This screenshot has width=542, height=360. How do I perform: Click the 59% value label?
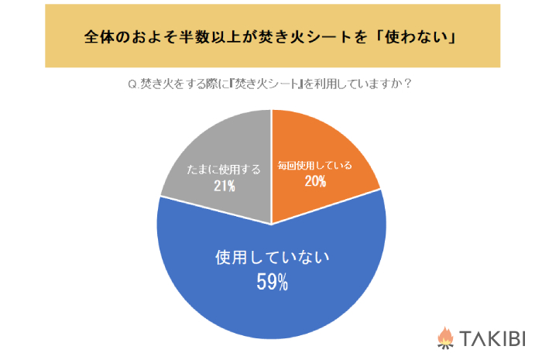coord(272,283)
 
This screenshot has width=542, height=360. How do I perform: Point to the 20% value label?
coord(315,181)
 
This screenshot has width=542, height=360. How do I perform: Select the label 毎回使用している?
coord(315,165)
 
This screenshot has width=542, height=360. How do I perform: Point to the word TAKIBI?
coord(492,338)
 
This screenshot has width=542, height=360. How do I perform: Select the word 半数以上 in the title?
coord(208,38)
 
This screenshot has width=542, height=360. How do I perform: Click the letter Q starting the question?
coord(130,84)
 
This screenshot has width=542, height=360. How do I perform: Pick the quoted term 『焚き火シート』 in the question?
coord(262,84)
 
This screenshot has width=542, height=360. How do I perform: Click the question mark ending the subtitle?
coord(407,84)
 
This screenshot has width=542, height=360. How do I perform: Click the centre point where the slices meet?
coord(272,225)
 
